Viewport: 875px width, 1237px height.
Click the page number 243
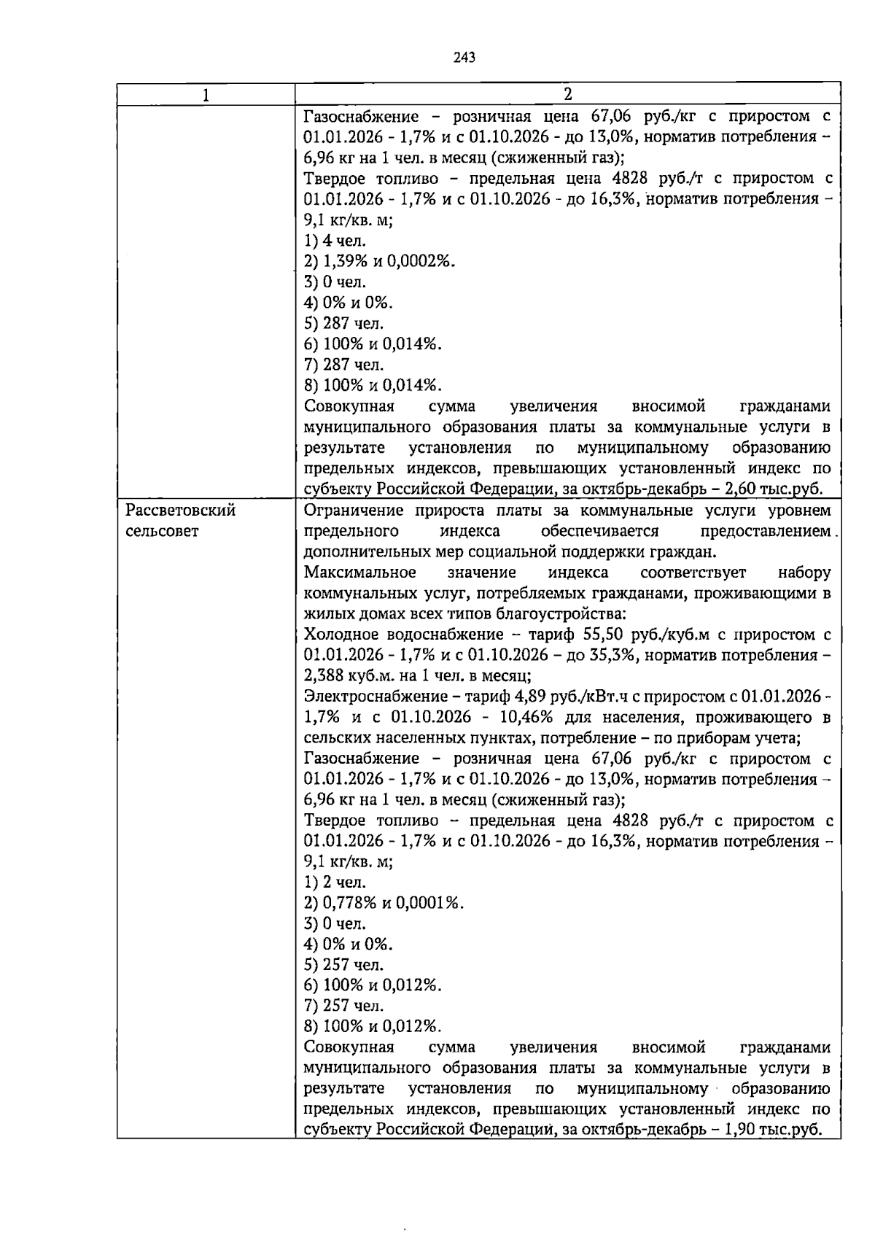click(464, 58)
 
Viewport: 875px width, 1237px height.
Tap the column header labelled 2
click(567, 94)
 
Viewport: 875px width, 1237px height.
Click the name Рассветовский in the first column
click(181, 511)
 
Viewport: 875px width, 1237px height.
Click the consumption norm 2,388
click(324, 675)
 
